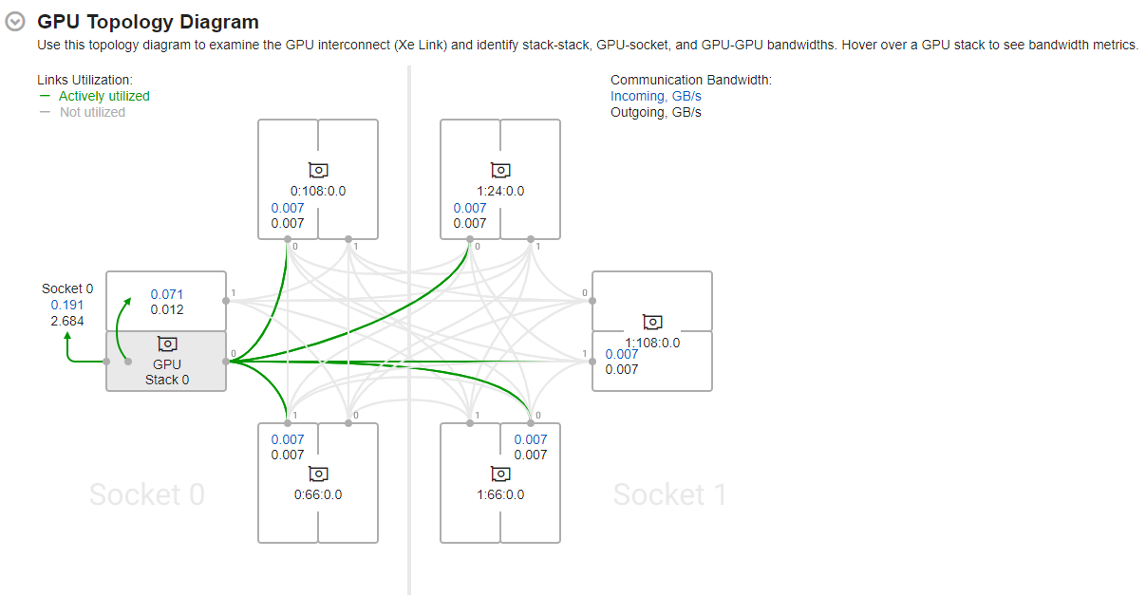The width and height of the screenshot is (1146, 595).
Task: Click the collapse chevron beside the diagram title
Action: pyautogui.click(x=15, y=22)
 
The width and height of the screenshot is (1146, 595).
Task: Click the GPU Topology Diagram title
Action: pyautogui.click(x=147, y=22)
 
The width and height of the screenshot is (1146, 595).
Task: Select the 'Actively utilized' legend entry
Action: pyautogui.click(x=103, y=96)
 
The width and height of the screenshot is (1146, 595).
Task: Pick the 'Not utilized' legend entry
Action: pyautogui.click(x=92, y=112)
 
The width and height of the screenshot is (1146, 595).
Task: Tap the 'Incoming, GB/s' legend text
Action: pyautogui.click(x=656, y=96)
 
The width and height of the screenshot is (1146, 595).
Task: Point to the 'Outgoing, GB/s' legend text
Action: pyautogui.click(x=656, y=112)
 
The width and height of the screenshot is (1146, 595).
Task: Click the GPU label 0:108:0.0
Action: pyautogui.click(x=318, y=191)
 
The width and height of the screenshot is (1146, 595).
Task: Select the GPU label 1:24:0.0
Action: pyautogui.click(x=500, y=191)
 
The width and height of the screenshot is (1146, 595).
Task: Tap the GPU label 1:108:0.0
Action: pyautogui.click(x=652, y=343)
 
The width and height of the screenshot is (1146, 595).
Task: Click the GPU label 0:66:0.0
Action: pyautogui.click(x=318, y=494)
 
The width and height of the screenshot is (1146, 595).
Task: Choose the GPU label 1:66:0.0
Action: pyautogui.click(x=500, y=494)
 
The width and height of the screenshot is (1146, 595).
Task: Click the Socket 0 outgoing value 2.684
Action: pyautogui.click(x=67, y=321)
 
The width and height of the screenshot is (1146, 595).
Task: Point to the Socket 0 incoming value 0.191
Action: pyautogui.click(x=67, y=305)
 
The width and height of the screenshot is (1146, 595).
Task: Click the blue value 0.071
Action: pyautogui.click(x=167, y=294)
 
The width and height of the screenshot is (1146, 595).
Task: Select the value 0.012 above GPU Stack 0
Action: pyautogui.click(x=167, y=309)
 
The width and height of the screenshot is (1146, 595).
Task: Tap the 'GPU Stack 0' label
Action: pyautogui.click(x=167, y=372)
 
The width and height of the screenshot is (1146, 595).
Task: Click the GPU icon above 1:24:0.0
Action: pyautogui.click(x=500, y=171)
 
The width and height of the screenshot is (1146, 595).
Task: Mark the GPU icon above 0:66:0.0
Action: pyautogui.click(x=318, y=474)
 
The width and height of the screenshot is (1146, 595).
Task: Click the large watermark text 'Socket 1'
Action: pyautogui.click(x=669, y=494)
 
